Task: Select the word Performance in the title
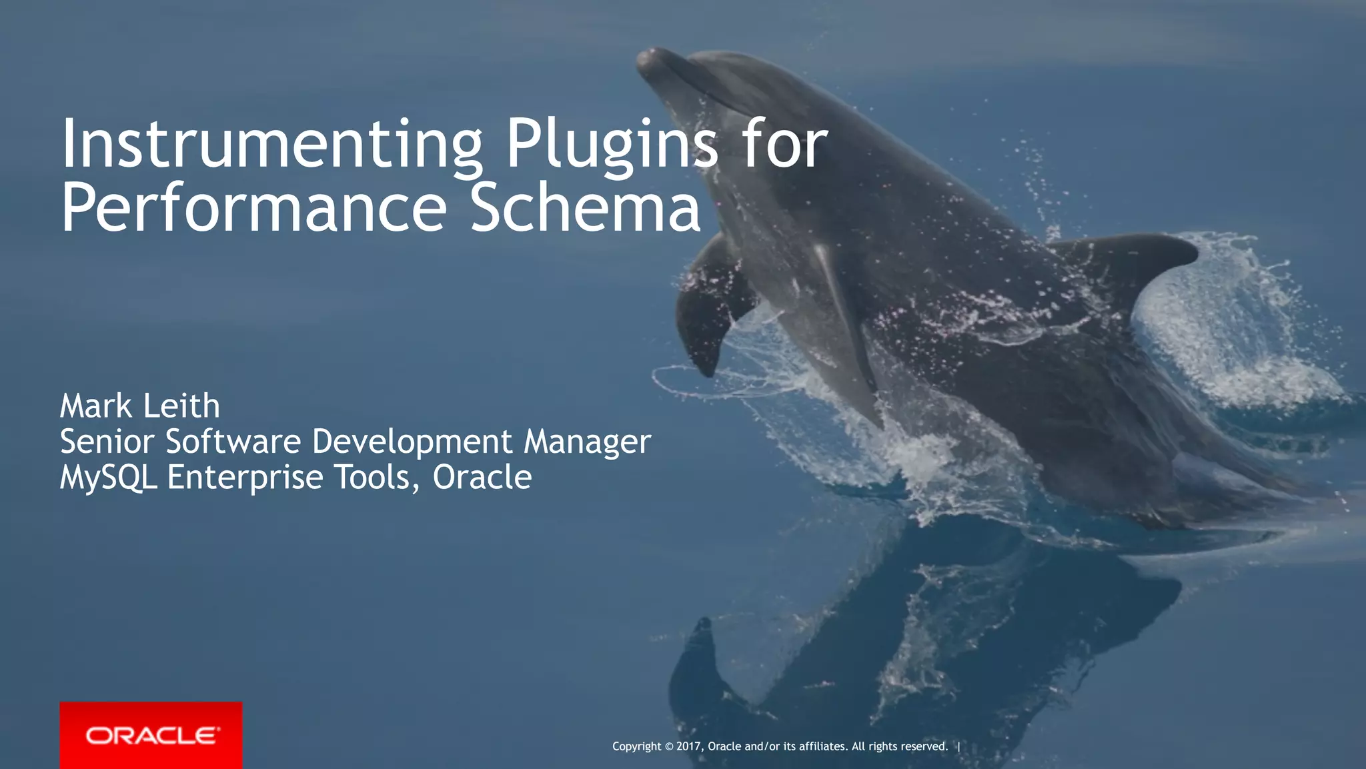coord(253,208)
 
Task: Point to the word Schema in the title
coord(585,208)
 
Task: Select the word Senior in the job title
coord(107,442)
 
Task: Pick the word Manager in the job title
coord(587,443)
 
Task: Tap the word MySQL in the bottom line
coord(109,478)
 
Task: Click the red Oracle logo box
coord(151,735)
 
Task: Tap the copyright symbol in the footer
coord(669,746)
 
